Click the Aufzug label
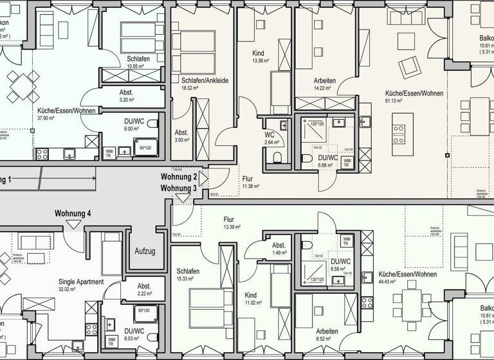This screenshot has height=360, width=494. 145,251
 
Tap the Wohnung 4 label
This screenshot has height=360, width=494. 73,213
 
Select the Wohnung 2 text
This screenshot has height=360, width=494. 178,177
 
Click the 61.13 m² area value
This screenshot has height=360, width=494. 394,101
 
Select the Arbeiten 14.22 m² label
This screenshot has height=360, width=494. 324,81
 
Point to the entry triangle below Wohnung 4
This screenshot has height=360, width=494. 73,224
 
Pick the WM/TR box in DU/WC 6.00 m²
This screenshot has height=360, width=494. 108,152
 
